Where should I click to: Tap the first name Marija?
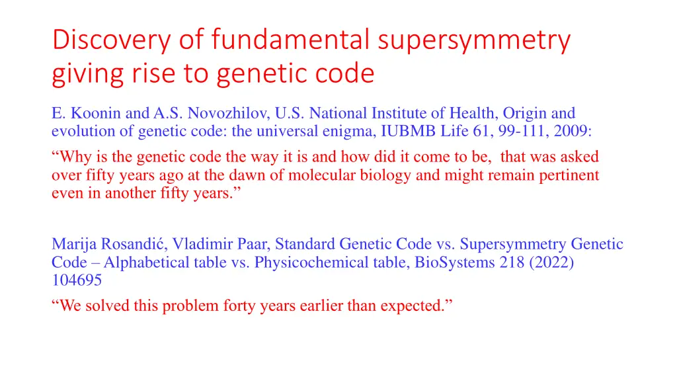coord(73,245)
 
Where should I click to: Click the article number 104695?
coord(77,280)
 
